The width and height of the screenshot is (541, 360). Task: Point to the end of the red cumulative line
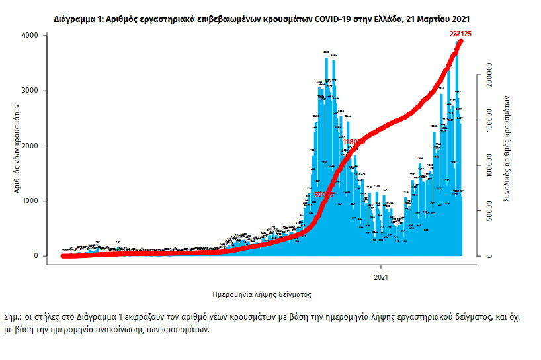pos(460,41)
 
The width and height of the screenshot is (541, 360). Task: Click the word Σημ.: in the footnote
pos(13,318)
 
